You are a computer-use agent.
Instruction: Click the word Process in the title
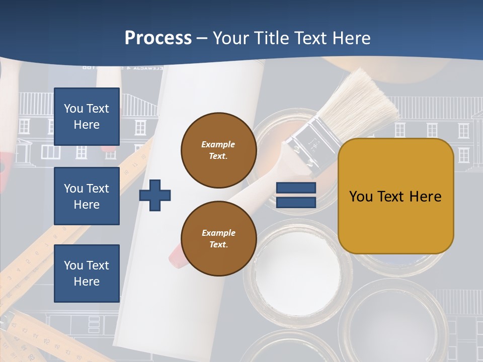point(158,38)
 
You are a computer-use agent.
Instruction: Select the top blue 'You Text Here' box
point(87,117)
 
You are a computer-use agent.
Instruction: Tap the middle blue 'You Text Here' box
point(87,196)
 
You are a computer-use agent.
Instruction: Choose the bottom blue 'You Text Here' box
point(87,274)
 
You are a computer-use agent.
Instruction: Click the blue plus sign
point(155,195)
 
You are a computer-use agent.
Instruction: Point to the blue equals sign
point(296,195)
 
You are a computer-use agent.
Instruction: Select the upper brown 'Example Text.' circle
point(218,150)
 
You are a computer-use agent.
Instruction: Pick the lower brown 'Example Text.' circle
point(218,238)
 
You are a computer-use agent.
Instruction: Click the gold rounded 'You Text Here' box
point(395,196)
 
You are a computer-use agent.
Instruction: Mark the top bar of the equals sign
point(296,188)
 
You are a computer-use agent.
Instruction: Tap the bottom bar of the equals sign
point(296,202)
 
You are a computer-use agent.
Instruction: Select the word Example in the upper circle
point(218,144)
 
